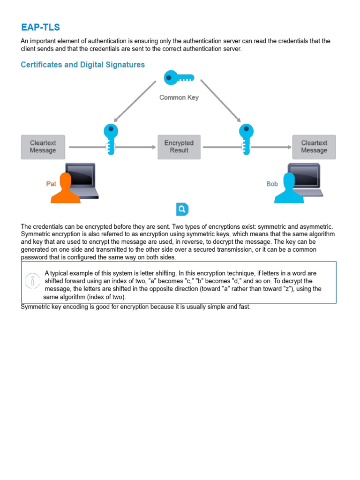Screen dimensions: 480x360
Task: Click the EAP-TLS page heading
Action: click(40, 27)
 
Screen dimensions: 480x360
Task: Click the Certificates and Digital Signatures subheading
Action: click(82, 65)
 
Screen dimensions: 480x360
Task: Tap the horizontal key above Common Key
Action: click(179, 78)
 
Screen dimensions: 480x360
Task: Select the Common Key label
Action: click(179, 97)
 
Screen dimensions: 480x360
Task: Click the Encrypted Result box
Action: click(179, 147)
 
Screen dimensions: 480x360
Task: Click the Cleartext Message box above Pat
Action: click(43, 147)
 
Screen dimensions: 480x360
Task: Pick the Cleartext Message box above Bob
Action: click(314, 147)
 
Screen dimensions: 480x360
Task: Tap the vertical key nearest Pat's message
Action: click(111, 139)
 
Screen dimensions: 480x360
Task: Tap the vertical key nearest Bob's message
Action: click(246, 139)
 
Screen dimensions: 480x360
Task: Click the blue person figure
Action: click(289, 188)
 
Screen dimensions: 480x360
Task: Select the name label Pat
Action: click(51, 184)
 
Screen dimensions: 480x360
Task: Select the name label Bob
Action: click(272, 184)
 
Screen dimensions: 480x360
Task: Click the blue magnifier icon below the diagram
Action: click(182, 209)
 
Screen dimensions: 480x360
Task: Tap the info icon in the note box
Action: click(32, 281)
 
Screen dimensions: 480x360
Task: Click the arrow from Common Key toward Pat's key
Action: click(135, 101)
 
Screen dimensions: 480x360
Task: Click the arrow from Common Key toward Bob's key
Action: click(220, 101)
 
